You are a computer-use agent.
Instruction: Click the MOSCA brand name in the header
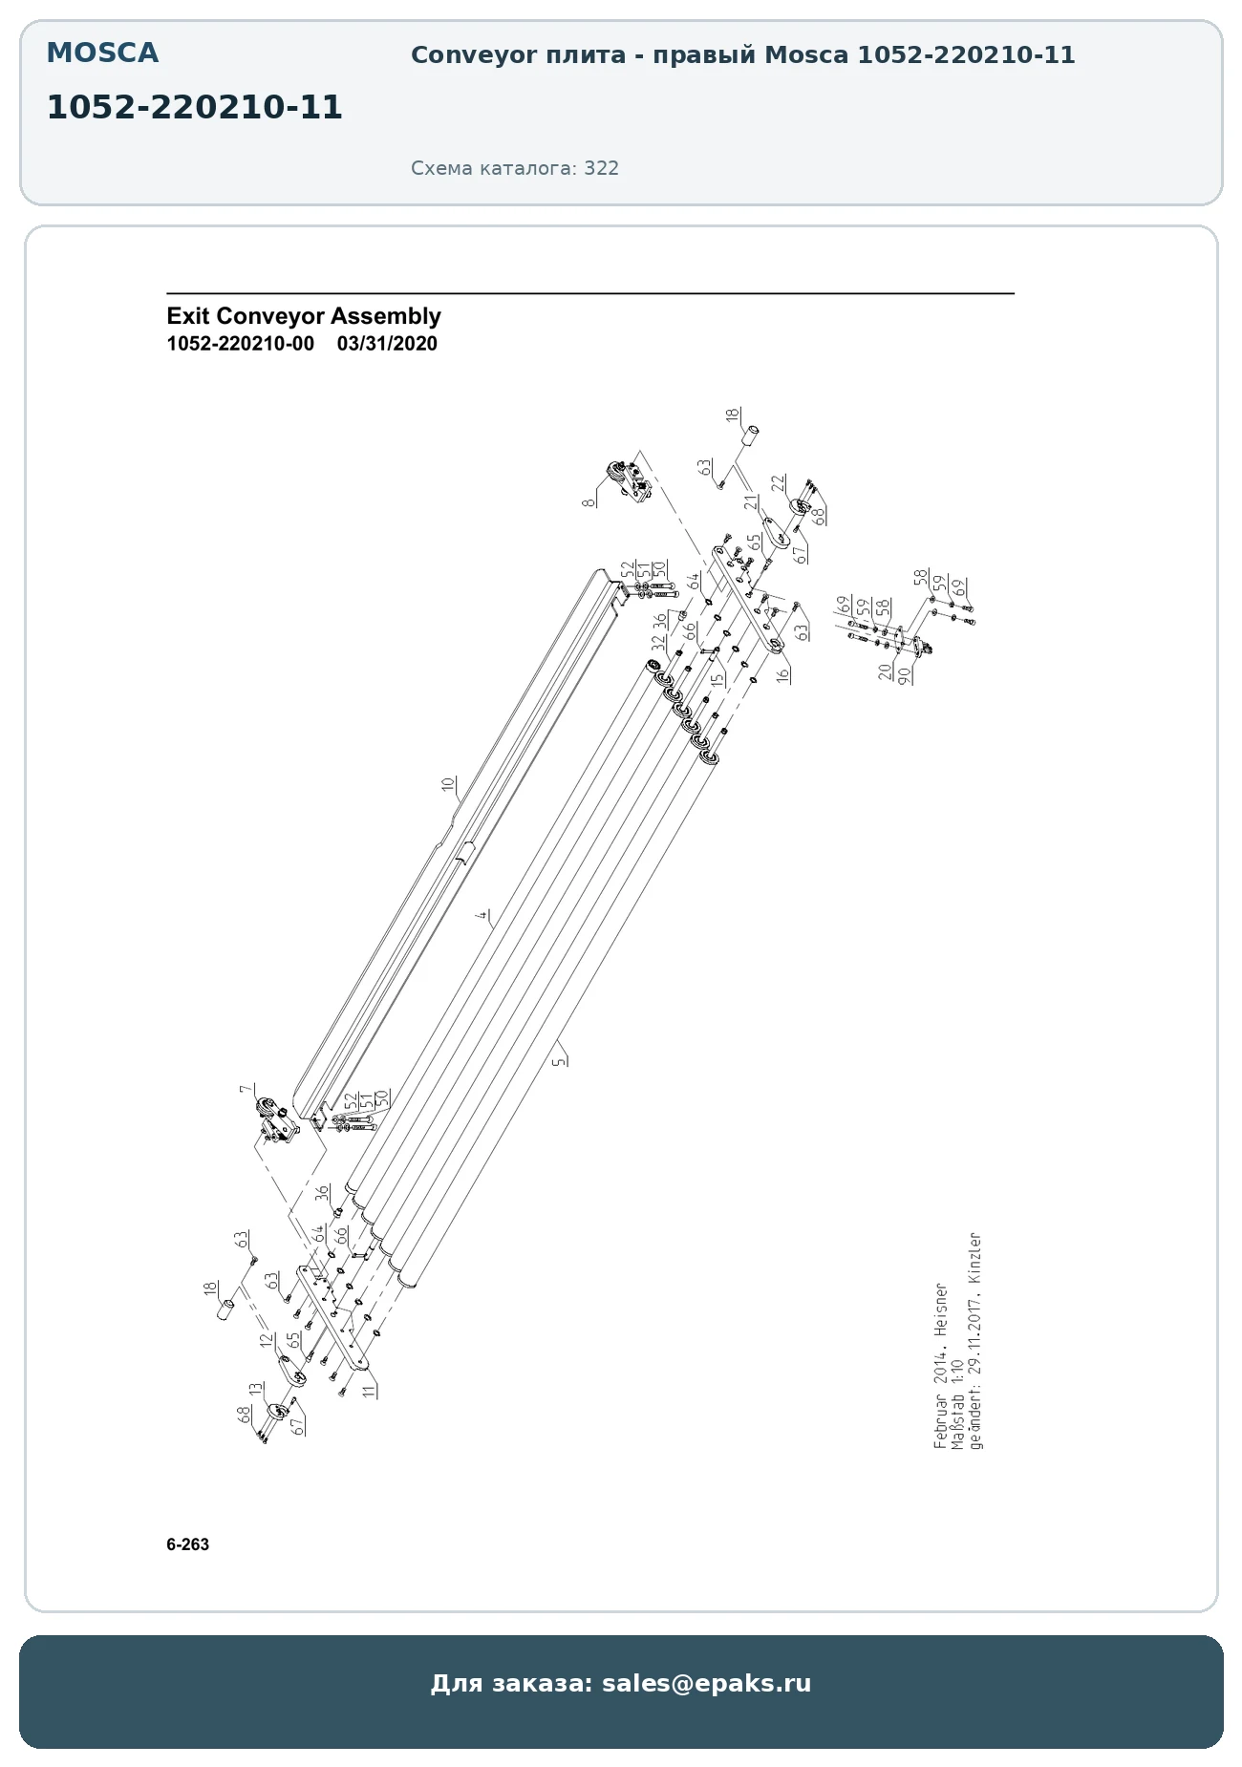coord(102,53)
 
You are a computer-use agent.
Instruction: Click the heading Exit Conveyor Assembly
coord(304,316)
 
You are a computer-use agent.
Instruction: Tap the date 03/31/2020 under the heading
coord(387,344)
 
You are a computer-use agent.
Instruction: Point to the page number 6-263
coord(187,1544)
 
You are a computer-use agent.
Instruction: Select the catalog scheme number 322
coord(602,168)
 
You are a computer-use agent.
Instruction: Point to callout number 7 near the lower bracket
coord(246,1089)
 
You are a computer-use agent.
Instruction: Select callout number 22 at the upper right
coord(778,483)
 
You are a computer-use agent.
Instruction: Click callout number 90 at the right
coord(904,674)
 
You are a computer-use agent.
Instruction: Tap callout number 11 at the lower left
coord(369,1391)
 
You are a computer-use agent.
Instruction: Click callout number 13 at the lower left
coord(255,1390)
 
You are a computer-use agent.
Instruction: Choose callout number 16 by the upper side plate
coord(782,674)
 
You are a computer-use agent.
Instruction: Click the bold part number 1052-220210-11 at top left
coord(195,107)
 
